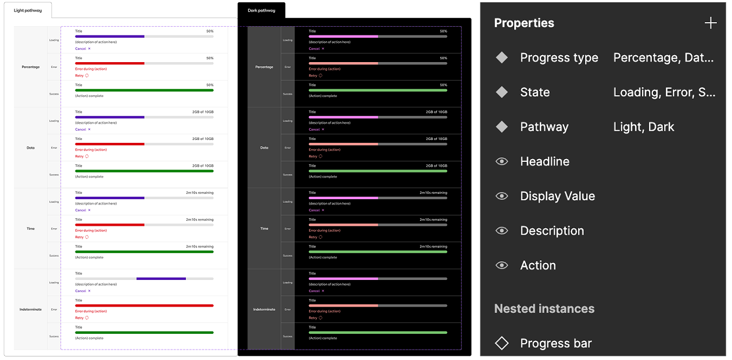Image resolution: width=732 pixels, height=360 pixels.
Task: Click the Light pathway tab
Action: pos(28,10)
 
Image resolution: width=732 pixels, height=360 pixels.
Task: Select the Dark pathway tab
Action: pos(261,10)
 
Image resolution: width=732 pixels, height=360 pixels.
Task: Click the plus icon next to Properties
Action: pos(711,23)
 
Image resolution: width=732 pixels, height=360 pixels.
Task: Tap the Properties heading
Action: pos(524,23)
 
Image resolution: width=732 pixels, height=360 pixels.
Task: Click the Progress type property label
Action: pos(559,57)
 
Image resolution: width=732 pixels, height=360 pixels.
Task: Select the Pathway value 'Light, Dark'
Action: pos(644,127)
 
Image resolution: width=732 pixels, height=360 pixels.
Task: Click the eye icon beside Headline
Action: pos(502,161)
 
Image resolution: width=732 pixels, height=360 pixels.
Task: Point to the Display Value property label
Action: pos(558,196)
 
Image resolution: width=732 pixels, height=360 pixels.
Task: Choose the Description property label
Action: pos(552,231)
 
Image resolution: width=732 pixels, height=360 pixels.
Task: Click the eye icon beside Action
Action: pos(502,265)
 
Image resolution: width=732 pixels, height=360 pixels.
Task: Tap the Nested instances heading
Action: pos(544,309)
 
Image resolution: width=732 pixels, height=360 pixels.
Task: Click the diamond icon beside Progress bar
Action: pos(502,343)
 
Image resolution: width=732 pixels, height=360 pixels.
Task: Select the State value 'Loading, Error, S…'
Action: pos(664,92)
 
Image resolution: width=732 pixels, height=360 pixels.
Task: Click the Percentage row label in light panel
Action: pos(31,67)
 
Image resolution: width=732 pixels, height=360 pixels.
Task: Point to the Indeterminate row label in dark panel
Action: pos(264,309)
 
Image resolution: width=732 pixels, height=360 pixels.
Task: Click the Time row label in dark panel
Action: pos(264,229)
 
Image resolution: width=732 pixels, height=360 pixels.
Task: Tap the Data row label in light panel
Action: pos(31,147)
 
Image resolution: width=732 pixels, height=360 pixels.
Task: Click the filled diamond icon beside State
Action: pos(502,92)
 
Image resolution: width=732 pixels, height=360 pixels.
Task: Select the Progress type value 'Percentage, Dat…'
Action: pos(663,57)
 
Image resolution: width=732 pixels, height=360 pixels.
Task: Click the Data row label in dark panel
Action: pos(264,147)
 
